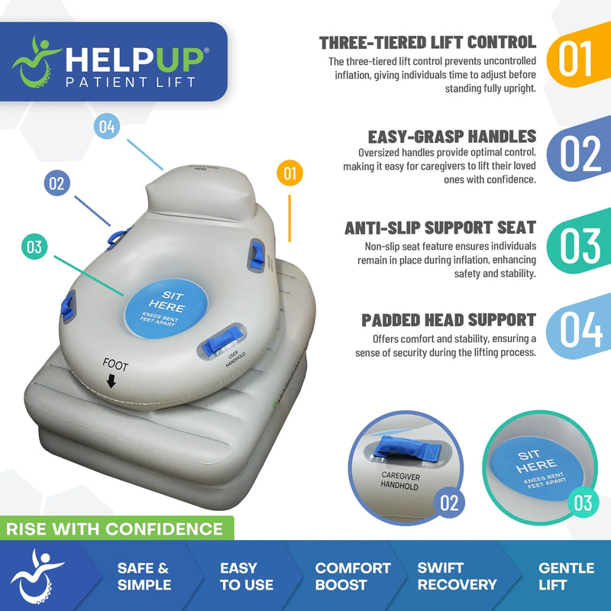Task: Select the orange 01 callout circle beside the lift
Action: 289,173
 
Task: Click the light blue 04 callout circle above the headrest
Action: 108,127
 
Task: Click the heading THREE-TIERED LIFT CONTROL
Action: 428,43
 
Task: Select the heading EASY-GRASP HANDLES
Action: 452,137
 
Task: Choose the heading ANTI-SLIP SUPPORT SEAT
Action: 440,228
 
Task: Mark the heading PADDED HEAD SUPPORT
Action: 448,320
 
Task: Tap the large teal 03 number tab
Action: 580,244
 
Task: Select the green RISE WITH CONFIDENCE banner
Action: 115,529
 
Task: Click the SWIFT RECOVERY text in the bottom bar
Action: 457,577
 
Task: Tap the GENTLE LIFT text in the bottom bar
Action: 566,577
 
